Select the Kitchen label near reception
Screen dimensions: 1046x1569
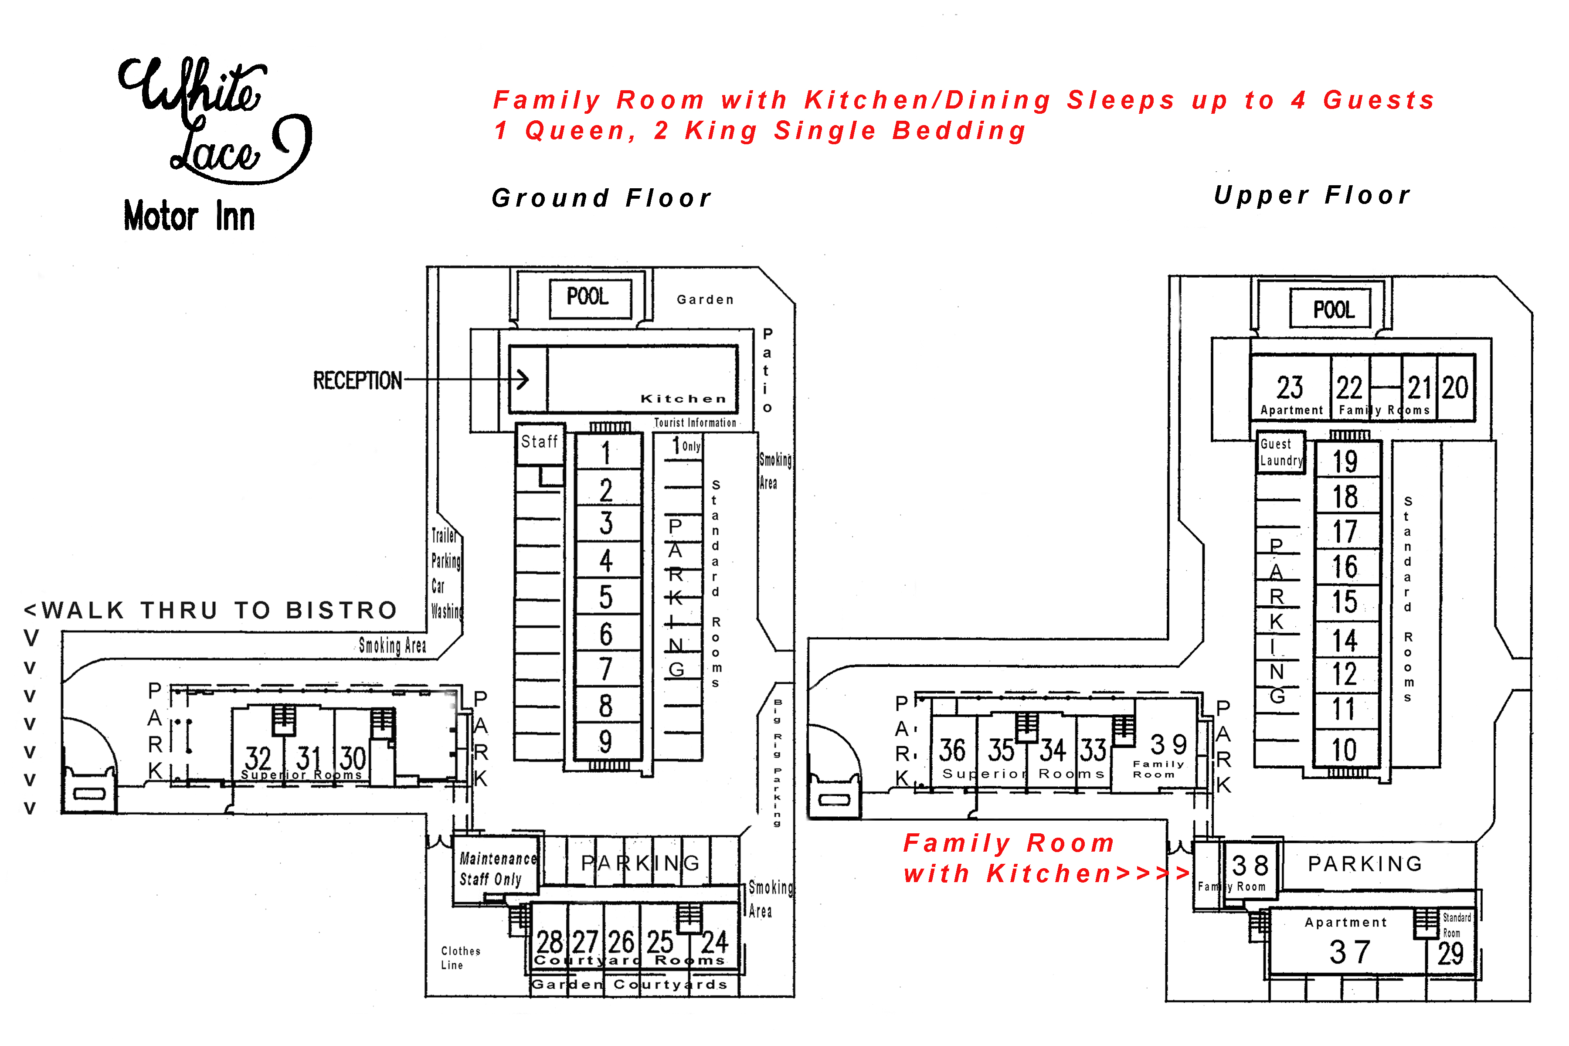tap(683, 399)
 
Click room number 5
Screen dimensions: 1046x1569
tap(606, 597)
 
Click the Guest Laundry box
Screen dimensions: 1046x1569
tap(1281, 453)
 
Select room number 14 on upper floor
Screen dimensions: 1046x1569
tap(1345, 640)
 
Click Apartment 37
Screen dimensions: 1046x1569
tap(1349, 944)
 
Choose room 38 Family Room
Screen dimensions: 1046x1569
tap(1250, 870)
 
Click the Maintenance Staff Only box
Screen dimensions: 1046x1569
tap(497, 869)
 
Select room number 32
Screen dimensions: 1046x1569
tap(258, 759)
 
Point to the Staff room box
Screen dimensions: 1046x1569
tap(540, 442)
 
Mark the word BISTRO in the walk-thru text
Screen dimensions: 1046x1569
tap(342, 611)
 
